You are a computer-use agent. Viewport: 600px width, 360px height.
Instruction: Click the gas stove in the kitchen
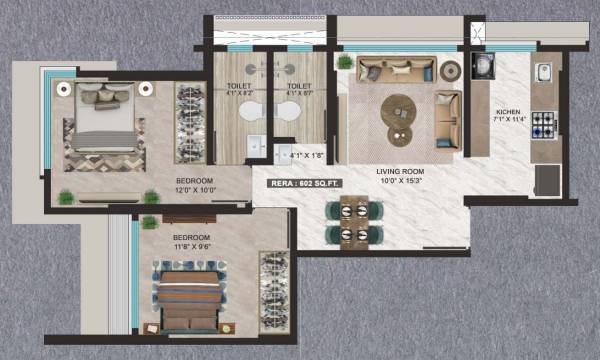coord(544,125)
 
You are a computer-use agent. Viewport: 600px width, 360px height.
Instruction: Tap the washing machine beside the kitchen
coord(482,66)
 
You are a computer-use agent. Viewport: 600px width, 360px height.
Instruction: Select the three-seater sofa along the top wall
coord(396,69)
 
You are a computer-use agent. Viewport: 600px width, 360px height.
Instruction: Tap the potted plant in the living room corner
coord(346,62)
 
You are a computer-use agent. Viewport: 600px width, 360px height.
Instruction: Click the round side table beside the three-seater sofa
coord(451,70)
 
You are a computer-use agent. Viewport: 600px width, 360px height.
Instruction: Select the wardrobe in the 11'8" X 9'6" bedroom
coord(272,290)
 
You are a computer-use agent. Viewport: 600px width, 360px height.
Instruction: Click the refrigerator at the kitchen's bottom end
coord(548,181)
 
